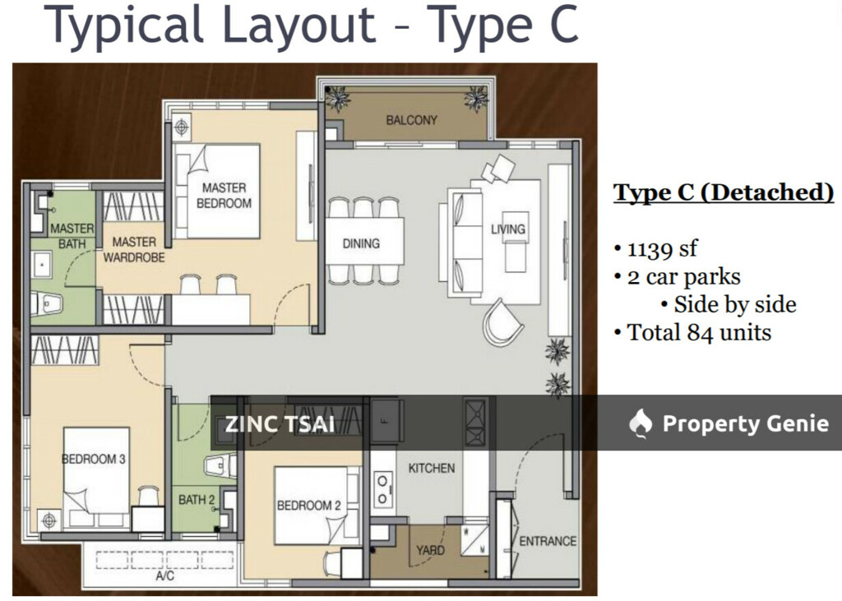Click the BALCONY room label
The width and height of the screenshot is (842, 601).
pyautogui.click(x=412, y=120)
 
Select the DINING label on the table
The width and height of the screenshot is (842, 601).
pyautogui.click(x=361, y=243)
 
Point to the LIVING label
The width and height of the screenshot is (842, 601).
pyautogui.click(x=508, y=229)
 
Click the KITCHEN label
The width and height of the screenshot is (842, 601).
pyautogui.click(x=431, y=468)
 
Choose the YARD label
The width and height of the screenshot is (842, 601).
pyautogui.click(x=430, y=550)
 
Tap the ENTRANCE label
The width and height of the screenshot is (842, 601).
pyautogui.click(x=548, y=541)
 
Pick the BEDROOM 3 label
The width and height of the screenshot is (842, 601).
pyautogui.click(x=94, y=459)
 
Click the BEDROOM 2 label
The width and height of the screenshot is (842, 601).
pyautogui.click(x=308, y=506)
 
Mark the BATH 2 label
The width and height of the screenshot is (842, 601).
pyautogui.click(x=192, y=499)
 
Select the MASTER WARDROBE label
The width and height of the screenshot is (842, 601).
pyautogui.click(x=134, y=249)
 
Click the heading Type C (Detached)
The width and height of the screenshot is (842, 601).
pyautogui.click(x=724, y=193)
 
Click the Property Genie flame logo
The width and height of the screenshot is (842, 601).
pyautogui.click(x=641, y=423)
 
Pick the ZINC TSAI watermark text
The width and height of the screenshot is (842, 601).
pyautogui.click(x=280, y=425)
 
